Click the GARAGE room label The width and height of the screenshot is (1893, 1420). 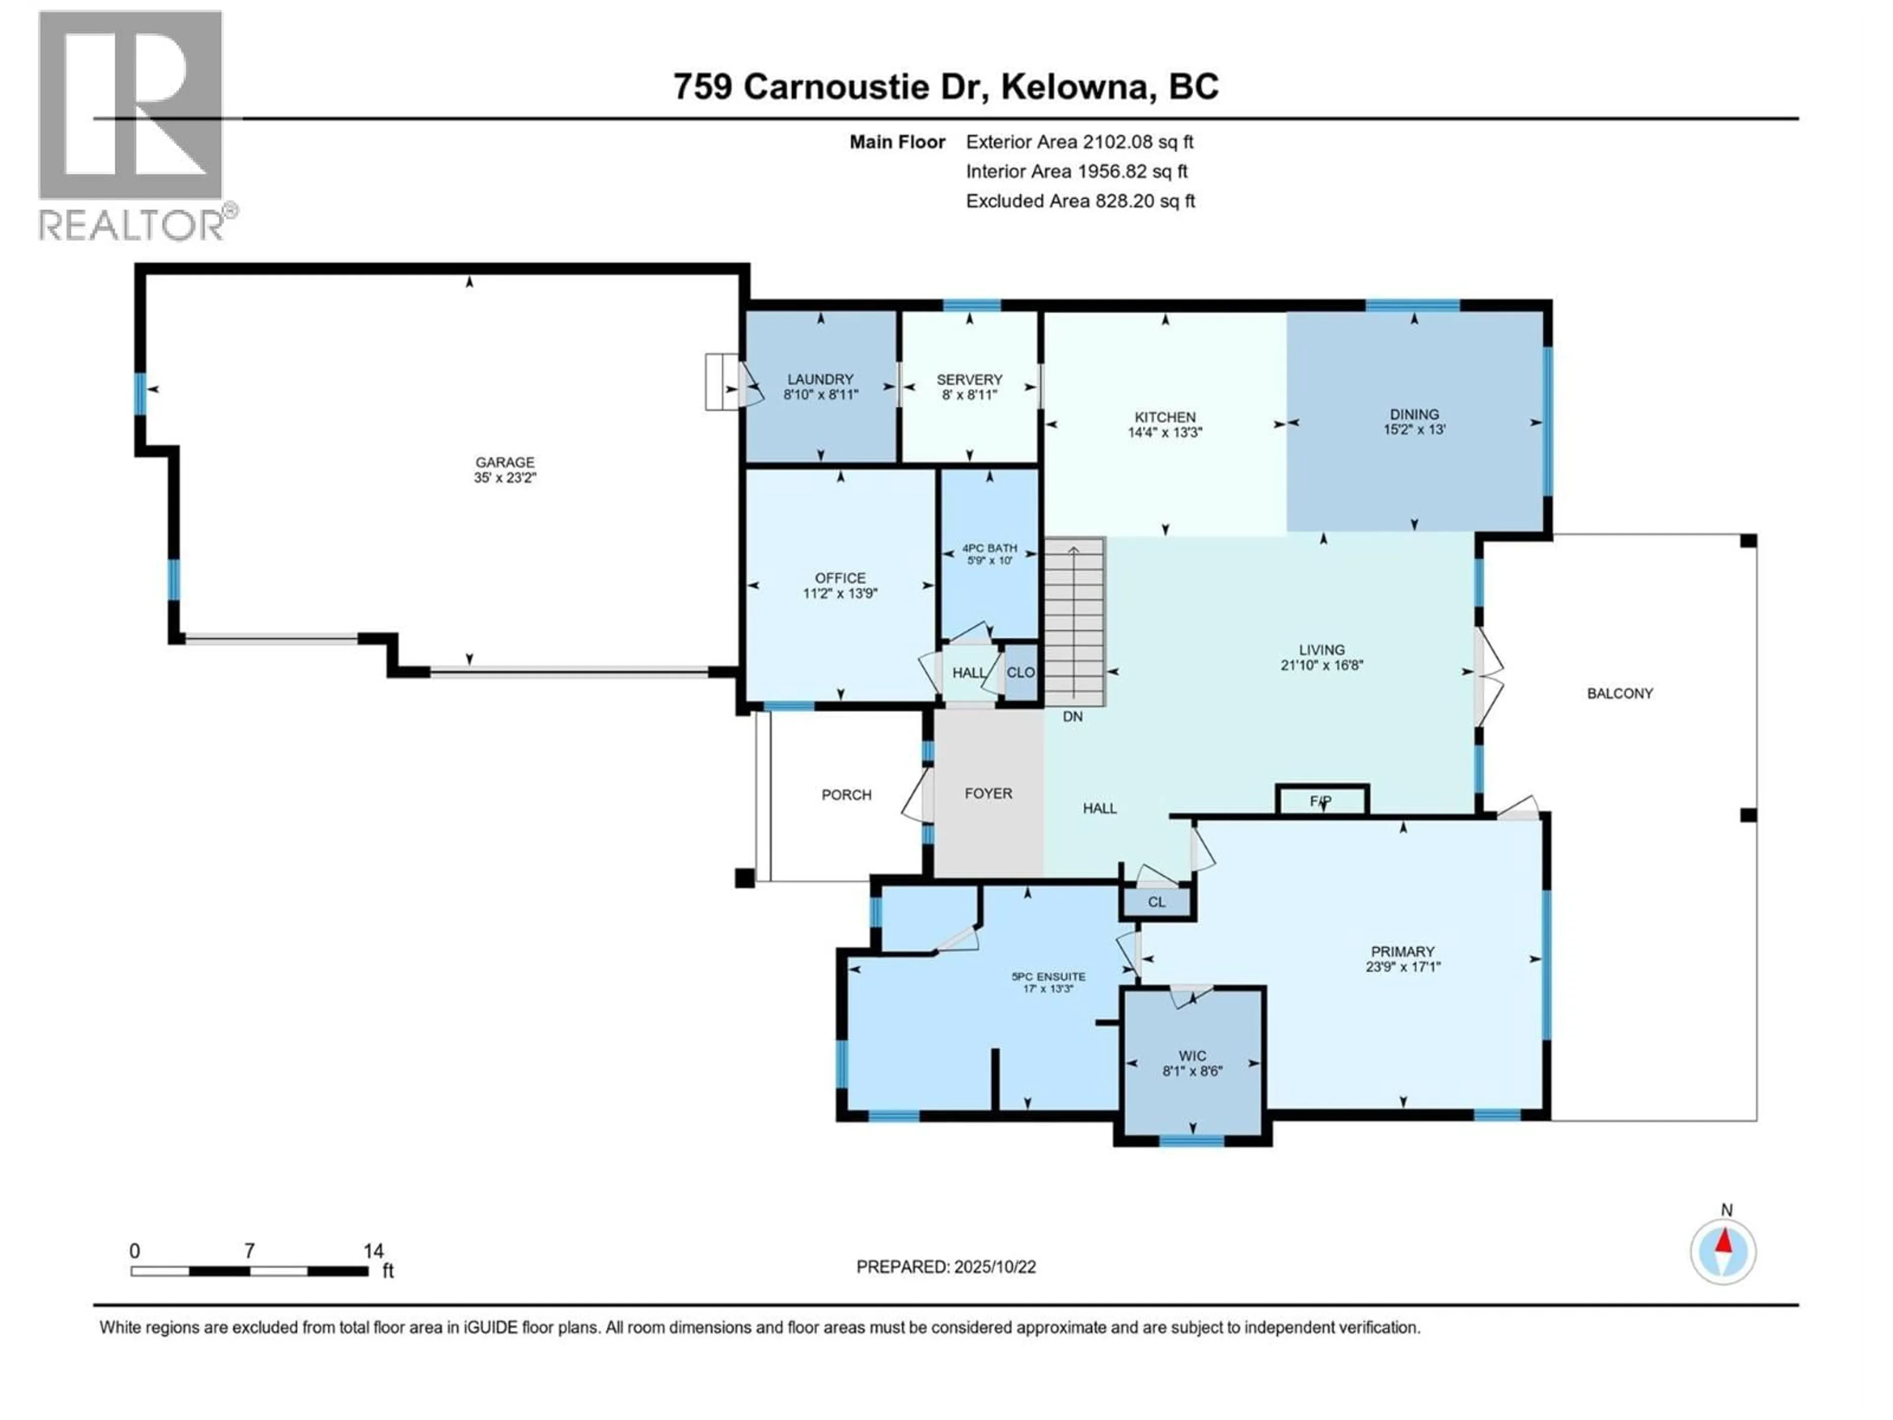505,462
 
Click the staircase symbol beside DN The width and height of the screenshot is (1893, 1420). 1075,621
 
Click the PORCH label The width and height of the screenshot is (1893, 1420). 846,795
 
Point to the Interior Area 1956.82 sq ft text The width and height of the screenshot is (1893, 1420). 1077,171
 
